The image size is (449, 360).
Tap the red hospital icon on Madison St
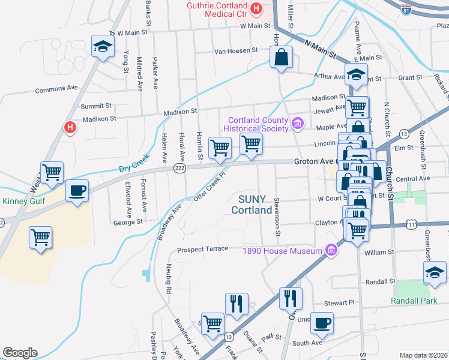(x=70, y=127)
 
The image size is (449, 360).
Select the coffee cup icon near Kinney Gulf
(x=77, y=191)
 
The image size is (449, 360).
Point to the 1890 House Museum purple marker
(x=330, y=250)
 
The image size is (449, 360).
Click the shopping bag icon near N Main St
(x=280, y=58)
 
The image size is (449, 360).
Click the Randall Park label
(x=413, y=300)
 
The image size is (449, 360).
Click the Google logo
(x=20, y=352)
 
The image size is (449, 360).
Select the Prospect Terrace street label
(x=202, y=249)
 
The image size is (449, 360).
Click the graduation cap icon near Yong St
(x=103, y=46)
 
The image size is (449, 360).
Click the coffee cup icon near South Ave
(x=322, y=323)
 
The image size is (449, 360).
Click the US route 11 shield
(x=411, y=224)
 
